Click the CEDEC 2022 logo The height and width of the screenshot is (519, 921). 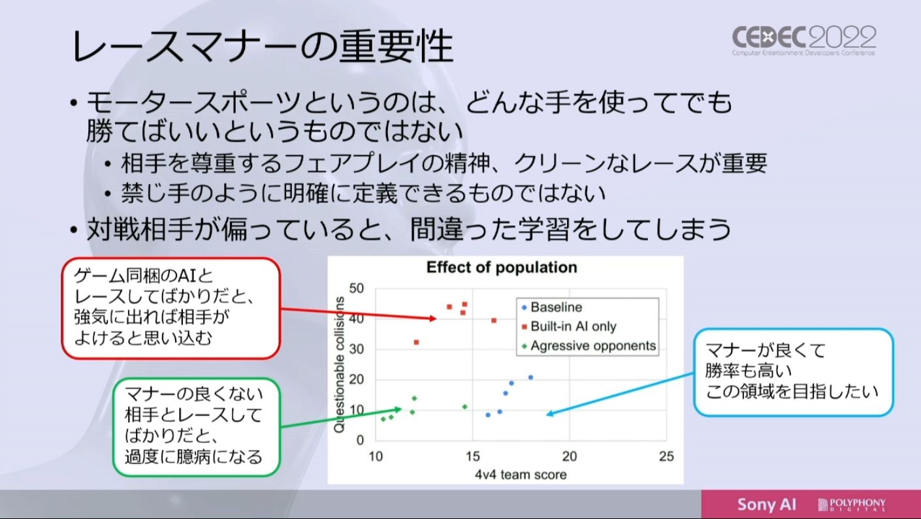pos(804,40)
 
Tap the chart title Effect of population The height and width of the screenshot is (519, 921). pos(502,268)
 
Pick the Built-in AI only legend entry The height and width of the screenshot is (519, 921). pos(569,326)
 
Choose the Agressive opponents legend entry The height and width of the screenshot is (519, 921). pos(589,345)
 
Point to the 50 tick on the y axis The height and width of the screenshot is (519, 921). pos(357,288)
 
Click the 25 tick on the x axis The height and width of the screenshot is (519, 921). pos(666,456)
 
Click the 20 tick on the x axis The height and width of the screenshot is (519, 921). pos(570,456)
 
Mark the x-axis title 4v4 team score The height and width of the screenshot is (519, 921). pos(521,475)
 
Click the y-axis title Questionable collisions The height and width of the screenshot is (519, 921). pos(339,365)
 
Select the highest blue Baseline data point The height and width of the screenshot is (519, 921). pos(530,377)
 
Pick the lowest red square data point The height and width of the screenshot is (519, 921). pos(416,342)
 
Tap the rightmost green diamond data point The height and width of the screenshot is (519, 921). pos(464,407)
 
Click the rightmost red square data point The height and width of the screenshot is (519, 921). pos(494,321)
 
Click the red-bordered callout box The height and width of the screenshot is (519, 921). pos(171,308)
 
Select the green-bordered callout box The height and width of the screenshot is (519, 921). pos(197,428)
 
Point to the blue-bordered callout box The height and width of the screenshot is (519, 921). pos(794,372)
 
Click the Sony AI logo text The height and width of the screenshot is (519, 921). pos(766,504)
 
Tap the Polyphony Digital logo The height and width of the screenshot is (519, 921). pos(852,504)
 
